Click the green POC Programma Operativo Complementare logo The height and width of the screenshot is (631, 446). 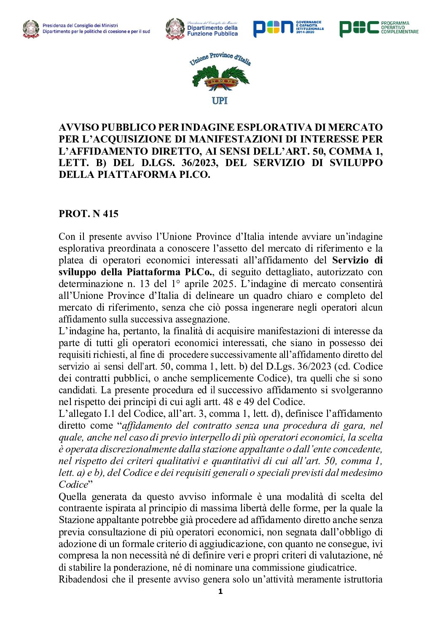[379, 28]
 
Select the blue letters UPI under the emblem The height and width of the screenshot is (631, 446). [220, 101]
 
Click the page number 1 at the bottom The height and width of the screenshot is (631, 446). [220, 592]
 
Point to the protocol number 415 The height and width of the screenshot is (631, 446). [110, 214]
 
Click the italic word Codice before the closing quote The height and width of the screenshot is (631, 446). [73, 485]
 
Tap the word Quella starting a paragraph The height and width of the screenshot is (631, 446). [73, 497]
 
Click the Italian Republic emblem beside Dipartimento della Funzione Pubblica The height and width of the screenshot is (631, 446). [175, 29]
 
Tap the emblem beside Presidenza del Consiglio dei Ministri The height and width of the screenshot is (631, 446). [31, 29]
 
